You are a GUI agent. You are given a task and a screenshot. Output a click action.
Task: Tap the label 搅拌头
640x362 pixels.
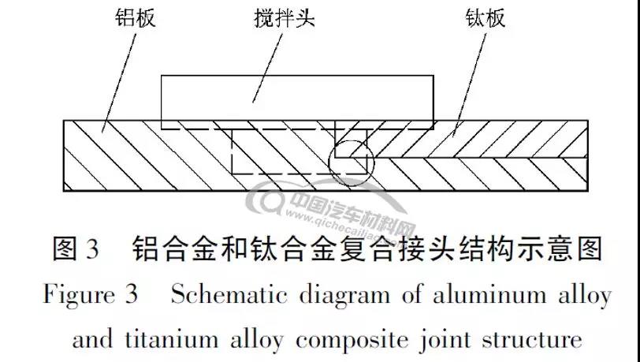tap(285, 18)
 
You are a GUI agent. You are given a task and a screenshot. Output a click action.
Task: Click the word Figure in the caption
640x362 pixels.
tap(80, 296)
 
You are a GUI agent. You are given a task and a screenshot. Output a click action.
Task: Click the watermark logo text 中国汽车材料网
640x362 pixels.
tap(347, 203)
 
